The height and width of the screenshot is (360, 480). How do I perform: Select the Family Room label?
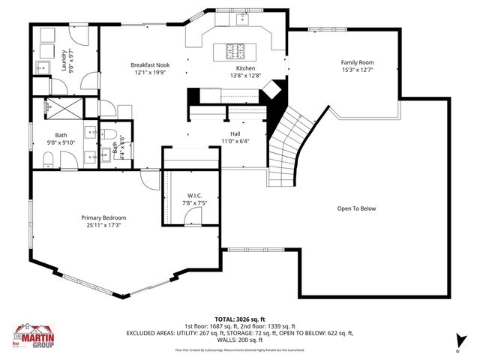tap(357, 62)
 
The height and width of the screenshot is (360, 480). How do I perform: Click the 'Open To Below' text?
tap(356, 208)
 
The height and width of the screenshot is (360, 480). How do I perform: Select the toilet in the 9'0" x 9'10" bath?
tap(46, 157)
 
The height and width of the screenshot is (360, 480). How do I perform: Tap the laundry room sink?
tap(40, 67)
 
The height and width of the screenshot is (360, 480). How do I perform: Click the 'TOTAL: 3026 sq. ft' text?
tap(239, 318)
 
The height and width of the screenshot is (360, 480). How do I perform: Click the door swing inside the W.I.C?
tap(193, 217)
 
